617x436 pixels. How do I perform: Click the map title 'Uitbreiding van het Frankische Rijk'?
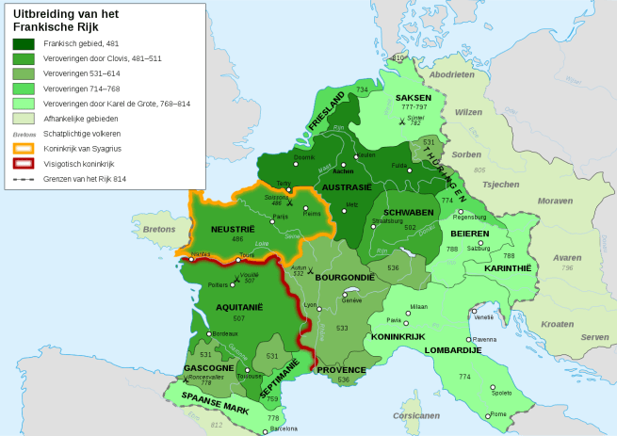coord(66,20)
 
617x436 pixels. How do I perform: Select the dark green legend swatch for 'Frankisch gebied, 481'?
coord(24,43)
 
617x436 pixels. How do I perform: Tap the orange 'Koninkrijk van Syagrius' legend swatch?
coord(24,148)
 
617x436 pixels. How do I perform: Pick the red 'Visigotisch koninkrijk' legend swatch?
coord(24,163)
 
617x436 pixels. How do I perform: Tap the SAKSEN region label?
coord(414,98)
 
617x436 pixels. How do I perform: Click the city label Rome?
coord(497,414)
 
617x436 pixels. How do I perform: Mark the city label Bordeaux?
coord(224,334)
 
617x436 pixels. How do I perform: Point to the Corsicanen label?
coord(416,414)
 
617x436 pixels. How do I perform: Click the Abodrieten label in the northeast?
coord(452,73)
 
